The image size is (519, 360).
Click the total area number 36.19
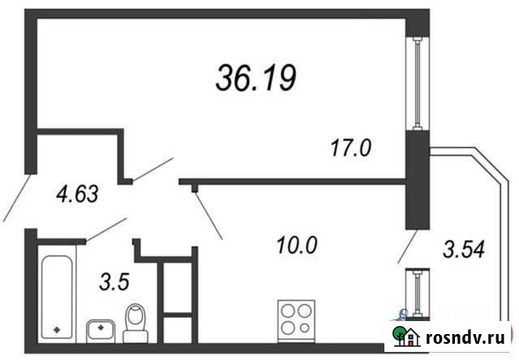256,77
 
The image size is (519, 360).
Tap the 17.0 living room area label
351,148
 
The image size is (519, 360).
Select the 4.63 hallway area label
76,195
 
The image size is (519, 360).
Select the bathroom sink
100,330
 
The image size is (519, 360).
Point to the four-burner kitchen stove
295,317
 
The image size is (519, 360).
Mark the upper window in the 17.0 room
417,86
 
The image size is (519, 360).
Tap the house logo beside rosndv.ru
405,335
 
